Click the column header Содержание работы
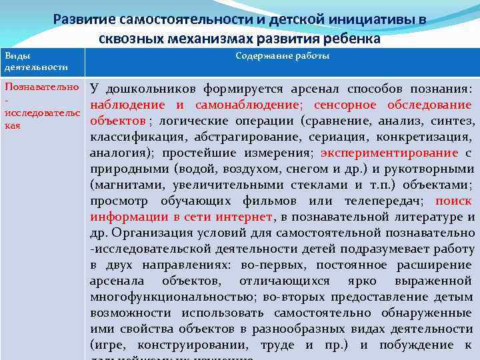click(282, 56)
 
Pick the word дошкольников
click(147, 89)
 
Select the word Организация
click(151, 233)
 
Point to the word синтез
click(455, 121)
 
